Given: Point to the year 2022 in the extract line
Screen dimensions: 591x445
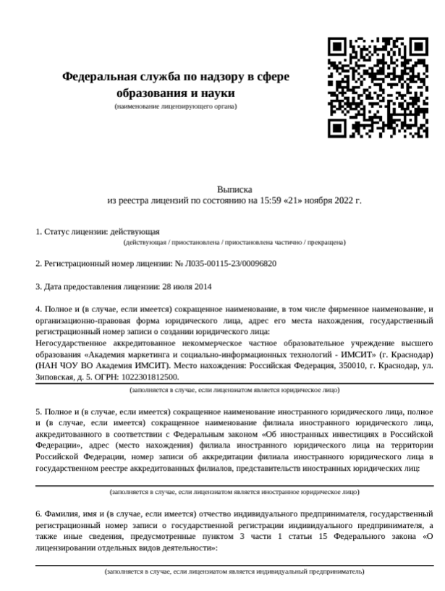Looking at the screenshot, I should (x=343, y=199).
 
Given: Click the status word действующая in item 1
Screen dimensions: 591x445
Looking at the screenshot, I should (x=135, y=232).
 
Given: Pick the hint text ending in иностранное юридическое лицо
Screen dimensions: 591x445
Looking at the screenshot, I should (x=234, y=492).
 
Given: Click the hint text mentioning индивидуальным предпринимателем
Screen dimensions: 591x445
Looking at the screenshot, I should (x=234, y=571).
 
